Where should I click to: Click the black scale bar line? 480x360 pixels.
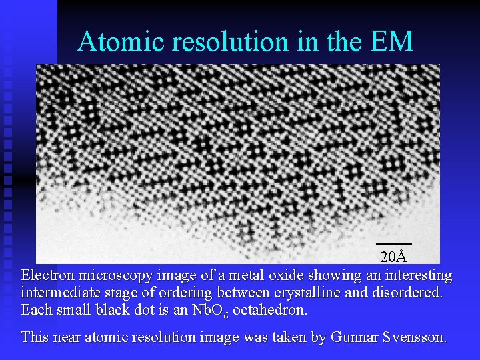point(393,244)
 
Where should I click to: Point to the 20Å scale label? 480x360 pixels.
point(393,257)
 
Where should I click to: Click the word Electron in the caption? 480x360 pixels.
point(48,275)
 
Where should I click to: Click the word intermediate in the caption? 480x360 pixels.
point(59,293)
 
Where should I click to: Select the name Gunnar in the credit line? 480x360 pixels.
point(337,337)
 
